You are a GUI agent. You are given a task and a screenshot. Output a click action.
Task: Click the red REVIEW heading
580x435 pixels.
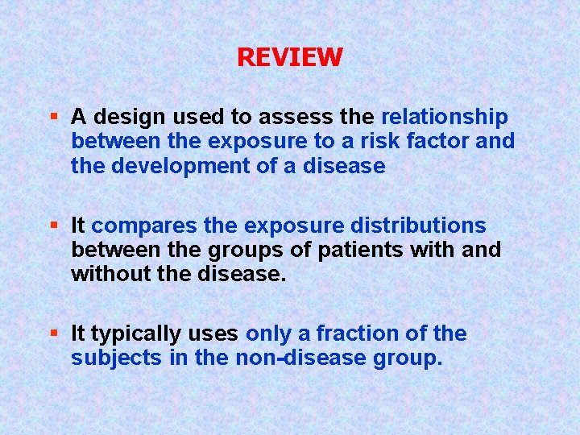290,56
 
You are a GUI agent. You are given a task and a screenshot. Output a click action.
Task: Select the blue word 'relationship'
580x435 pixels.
444,118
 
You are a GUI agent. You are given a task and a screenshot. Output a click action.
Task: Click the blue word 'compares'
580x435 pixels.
143,226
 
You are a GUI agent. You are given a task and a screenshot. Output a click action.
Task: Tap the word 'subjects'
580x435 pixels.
116,358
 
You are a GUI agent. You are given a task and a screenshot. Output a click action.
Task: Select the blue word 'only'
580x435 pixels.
269,333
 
